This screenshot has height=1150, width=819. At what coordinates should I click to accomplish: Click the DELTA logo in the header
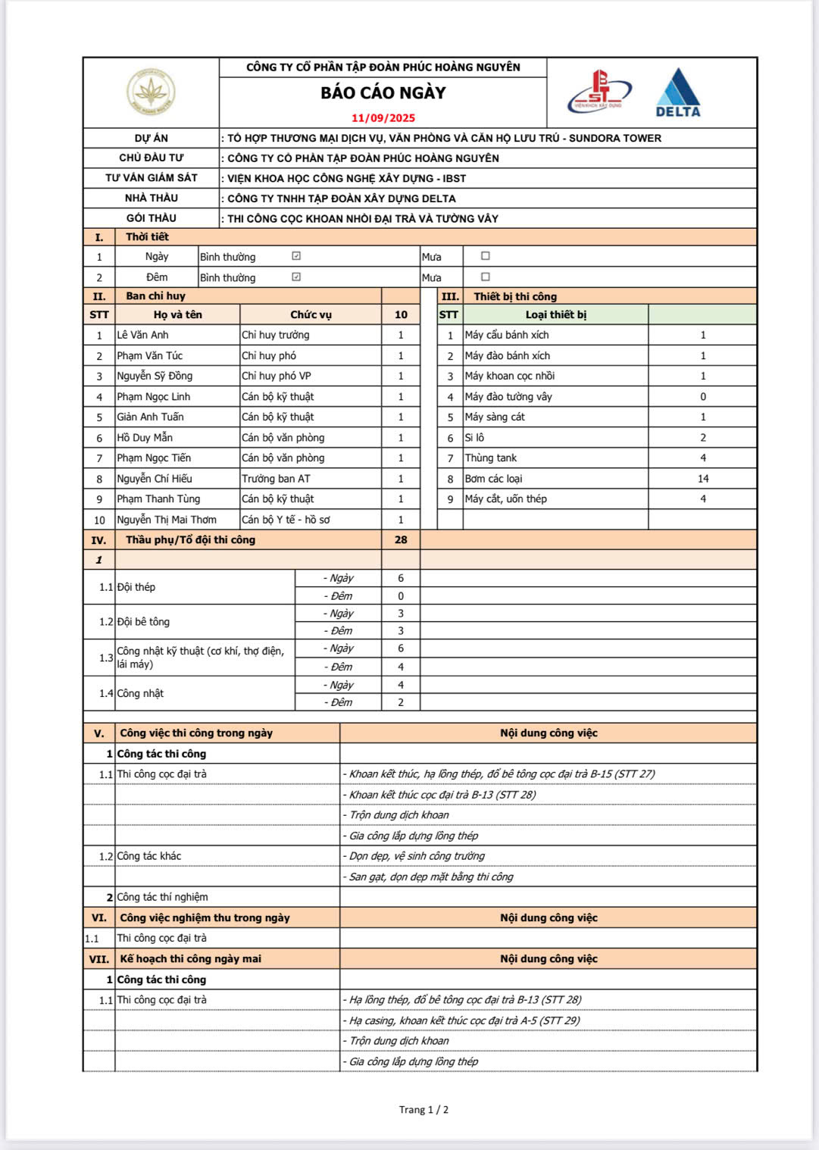click(x=678, y=93)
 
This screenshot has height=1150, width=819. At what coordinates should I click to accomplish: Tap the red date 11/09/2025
click(x=383, y=118)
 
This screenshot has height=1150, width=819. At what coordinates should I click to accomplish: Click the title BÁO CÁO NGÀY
click(x=383, y=93)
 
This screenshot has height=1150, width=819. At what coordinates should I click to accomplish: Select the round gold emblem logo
click(x=151, y=92)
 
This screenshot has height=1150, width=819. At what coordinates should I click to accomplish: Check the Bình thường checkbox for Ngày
click(x=296, y=256)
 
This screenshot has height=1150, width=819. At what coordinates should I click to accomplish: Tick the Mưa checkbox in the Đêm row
click(x=486, y=277)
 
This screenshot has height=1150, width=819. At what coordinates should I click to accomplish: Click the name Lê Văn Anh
click(x=143, y=335)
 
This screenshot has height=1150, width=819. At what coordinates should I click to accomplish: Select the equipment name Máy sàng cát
click(x=495, y=417)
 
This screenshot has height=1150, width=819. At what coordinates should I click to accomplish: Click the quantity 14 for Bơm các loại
click(x=703, y=479)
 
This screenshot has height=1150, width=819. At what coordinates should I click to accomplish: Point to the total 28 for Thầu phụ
click(x=401, y=540)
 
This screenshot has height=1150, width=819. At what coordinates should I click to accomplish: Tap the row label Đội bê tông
click(x=143, y=622)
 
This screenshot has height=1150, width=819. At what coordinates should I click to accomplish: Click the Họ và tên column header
click(x=177, y=314)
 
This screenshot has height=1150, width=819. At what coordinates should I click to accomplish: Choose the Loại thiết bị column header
click(x=555, y=314)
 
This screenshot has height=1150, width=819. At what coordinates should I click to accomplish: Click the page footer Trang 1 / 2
click(x=424, y=1110)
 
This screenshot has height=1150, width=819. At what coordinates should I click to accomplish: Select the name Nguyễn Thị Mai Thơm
click(x=167, y=520)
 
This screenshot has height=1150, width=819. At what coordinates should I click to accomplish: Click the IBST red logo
click(x=599, y=92)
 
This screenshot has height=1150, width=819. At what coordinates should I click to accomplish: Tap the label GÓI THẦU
click(x=152, y=218)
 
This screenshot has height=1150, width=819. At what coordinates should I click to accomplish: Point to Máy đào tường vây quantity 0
click(x=703, y=396)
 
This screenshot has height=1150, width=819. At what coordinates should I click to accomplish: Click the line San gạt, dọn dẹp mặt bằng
click(x=431, y=877)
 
